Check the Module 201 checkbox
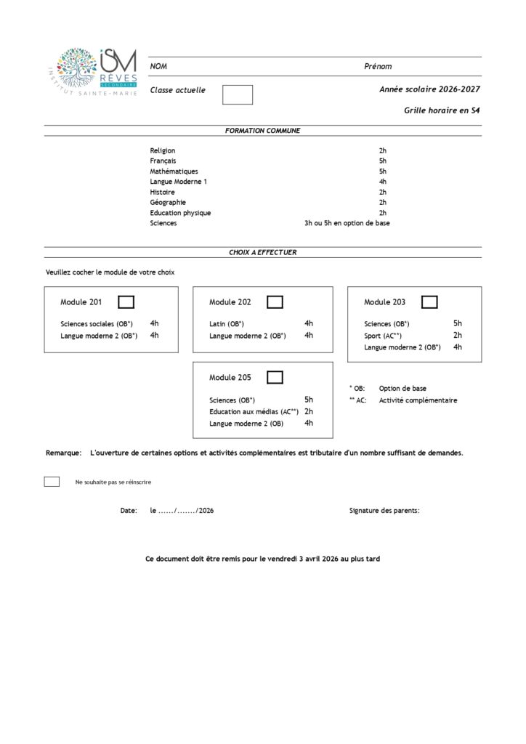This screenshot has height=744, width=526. [126, 302]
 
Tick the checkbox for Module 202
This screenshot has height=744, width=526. [275, 302]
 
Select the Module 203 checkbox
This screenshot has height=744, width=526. [429, 302]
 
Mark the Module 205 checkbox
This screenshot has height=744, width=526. [275, 377]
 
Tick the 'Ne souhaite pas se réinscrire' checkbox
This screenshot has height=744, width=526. [52, 482]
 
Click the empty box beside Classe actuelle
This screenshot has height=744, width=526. [237, 94]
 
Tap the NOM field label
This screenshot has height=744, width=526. [158, 66]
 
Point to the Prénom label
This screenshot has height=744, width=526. [378, 66]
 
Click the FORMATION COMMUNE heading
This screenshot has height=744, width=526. [262, 131]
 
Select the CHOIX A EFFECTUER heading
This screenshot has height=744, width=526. [262, 252]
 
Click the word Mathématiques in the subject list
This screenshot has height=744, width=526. [174, 171]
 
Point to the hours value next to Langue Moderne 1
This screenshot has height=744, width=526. [383, 182]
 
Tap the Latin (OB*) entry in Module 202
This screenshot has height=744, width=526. [227, 324]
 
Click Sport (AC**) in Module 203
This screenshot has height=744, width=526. [383, 336]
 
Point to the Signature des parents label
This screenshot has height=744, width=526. [384, 511]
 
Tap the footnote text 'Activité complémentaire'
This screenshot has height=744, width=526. [418, 400]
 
